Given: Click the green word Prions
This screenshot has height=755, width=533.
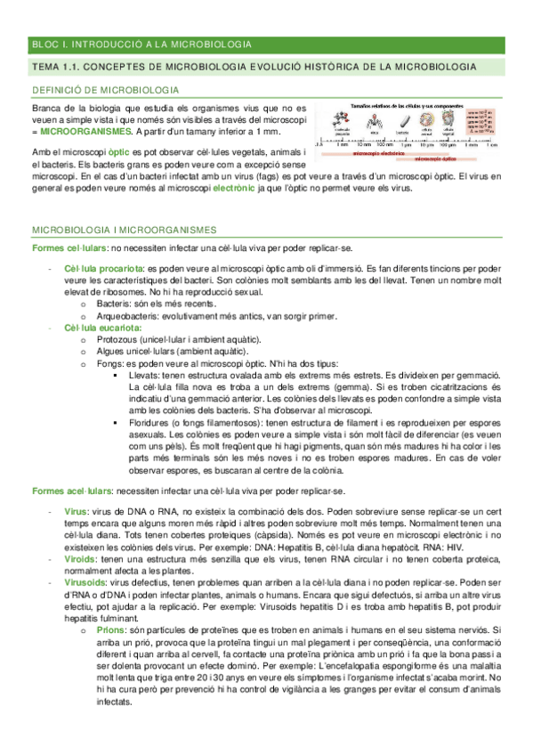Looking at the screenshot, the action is [x=110, y=628].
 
